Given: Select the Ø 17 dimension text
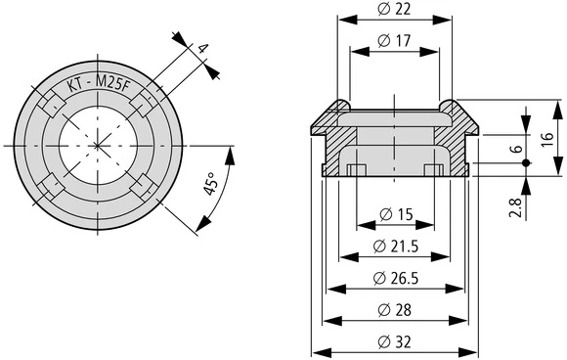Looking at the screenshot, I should (396, 41).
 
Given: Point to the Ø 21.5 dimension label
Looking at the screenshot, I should (396, 246).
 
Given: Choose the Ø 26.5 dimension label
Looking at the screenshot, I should (396, 278).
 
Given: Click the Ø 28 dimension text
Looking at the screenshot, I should (396, 310).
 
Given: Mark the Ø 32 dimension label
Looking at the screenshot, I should (396, 341).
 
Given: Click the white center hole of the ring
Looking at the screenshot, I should (98, 145).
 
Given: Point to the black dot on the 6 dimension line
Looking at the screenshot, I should (525, 162).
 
